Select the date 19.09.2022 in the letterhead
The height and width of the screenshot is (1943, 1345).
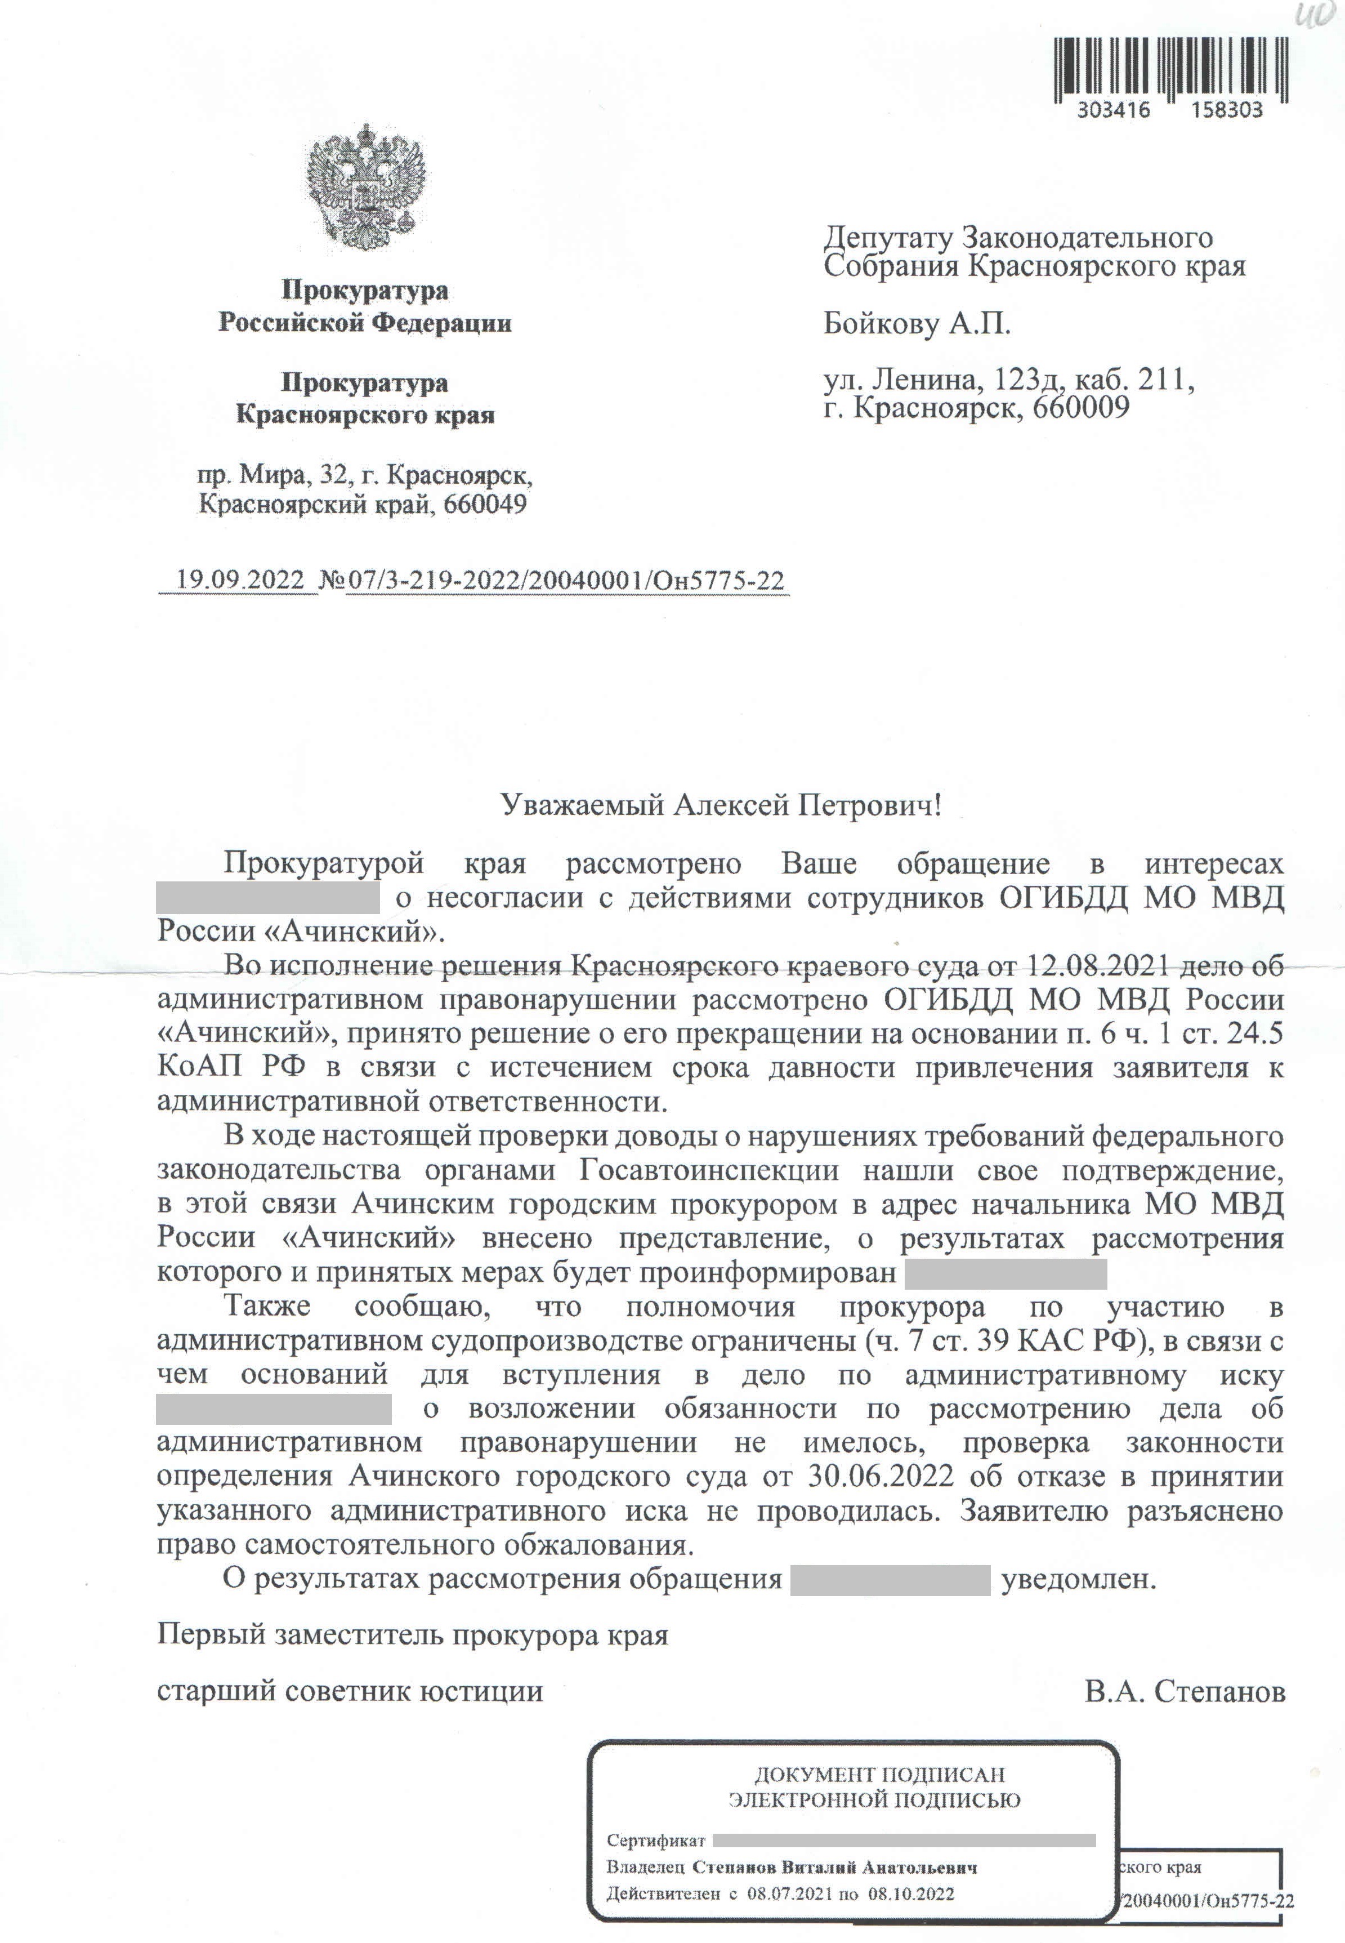click(239, 581)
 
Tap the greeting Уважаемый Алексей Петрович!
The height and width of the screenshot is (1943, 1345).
click(721, 806)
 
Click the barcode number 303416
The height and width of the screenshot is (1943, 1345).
click(1113, 110)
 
